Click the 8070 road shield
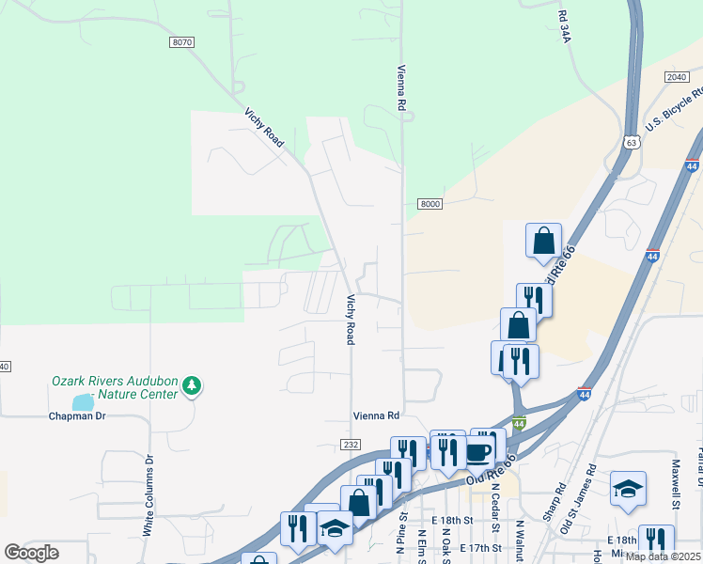tap(182, 42)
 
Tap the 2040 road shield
tap(676, 77)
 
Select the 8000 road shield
tap(430, 204)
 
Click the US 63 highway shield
tap(630, 142)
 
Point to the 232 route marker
tap(351, 444)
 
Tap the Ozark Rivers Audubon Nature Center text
tap(114, 387)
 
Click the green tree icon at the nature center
tap(192, 384)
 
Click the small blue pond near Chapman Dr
tap(83, 401)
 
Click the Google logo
tap(31, 553)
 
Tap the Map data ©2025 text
tap(664, 556)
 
